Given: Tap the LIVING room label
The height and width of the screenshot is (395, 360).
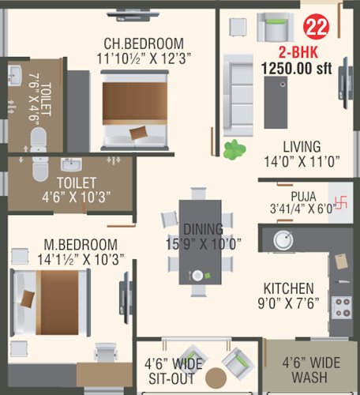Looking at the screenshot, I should (302, 147).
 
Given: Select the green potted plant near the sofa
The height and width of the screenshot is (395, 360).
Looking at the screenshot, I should (234, 149).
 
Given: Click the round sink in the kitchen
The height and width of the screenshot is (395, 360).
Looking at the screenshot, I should (283, 240).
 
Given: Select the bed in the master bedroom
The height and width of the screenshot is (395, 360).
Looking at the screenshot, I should (51, 299).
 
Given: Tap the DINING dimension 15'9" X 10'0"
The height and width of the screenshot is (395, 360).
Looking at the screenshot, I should (202, 243).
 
